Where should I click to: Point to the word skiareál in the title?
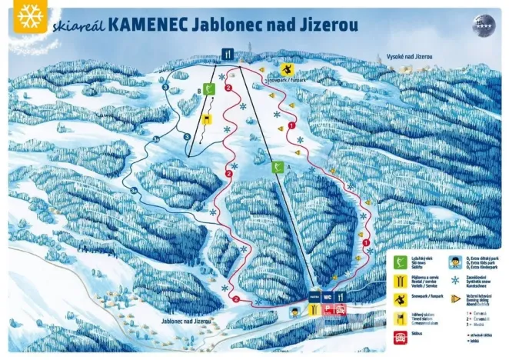pyautogui.click(x=80, y=25)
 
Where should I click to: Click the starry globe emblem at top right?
pyautogui.click(x=482, y=22)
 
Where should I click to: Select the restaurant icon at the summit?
pyautogui.click(x=228, y=54)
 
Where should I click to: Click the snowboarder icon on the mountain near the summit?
pyautogui.click(x=288, y=68)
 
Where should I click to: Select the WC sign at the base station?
pyautogui.click(x=327, y=295)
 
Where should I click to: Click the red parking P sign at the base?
pyautogui.click(x=327, y=309)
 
